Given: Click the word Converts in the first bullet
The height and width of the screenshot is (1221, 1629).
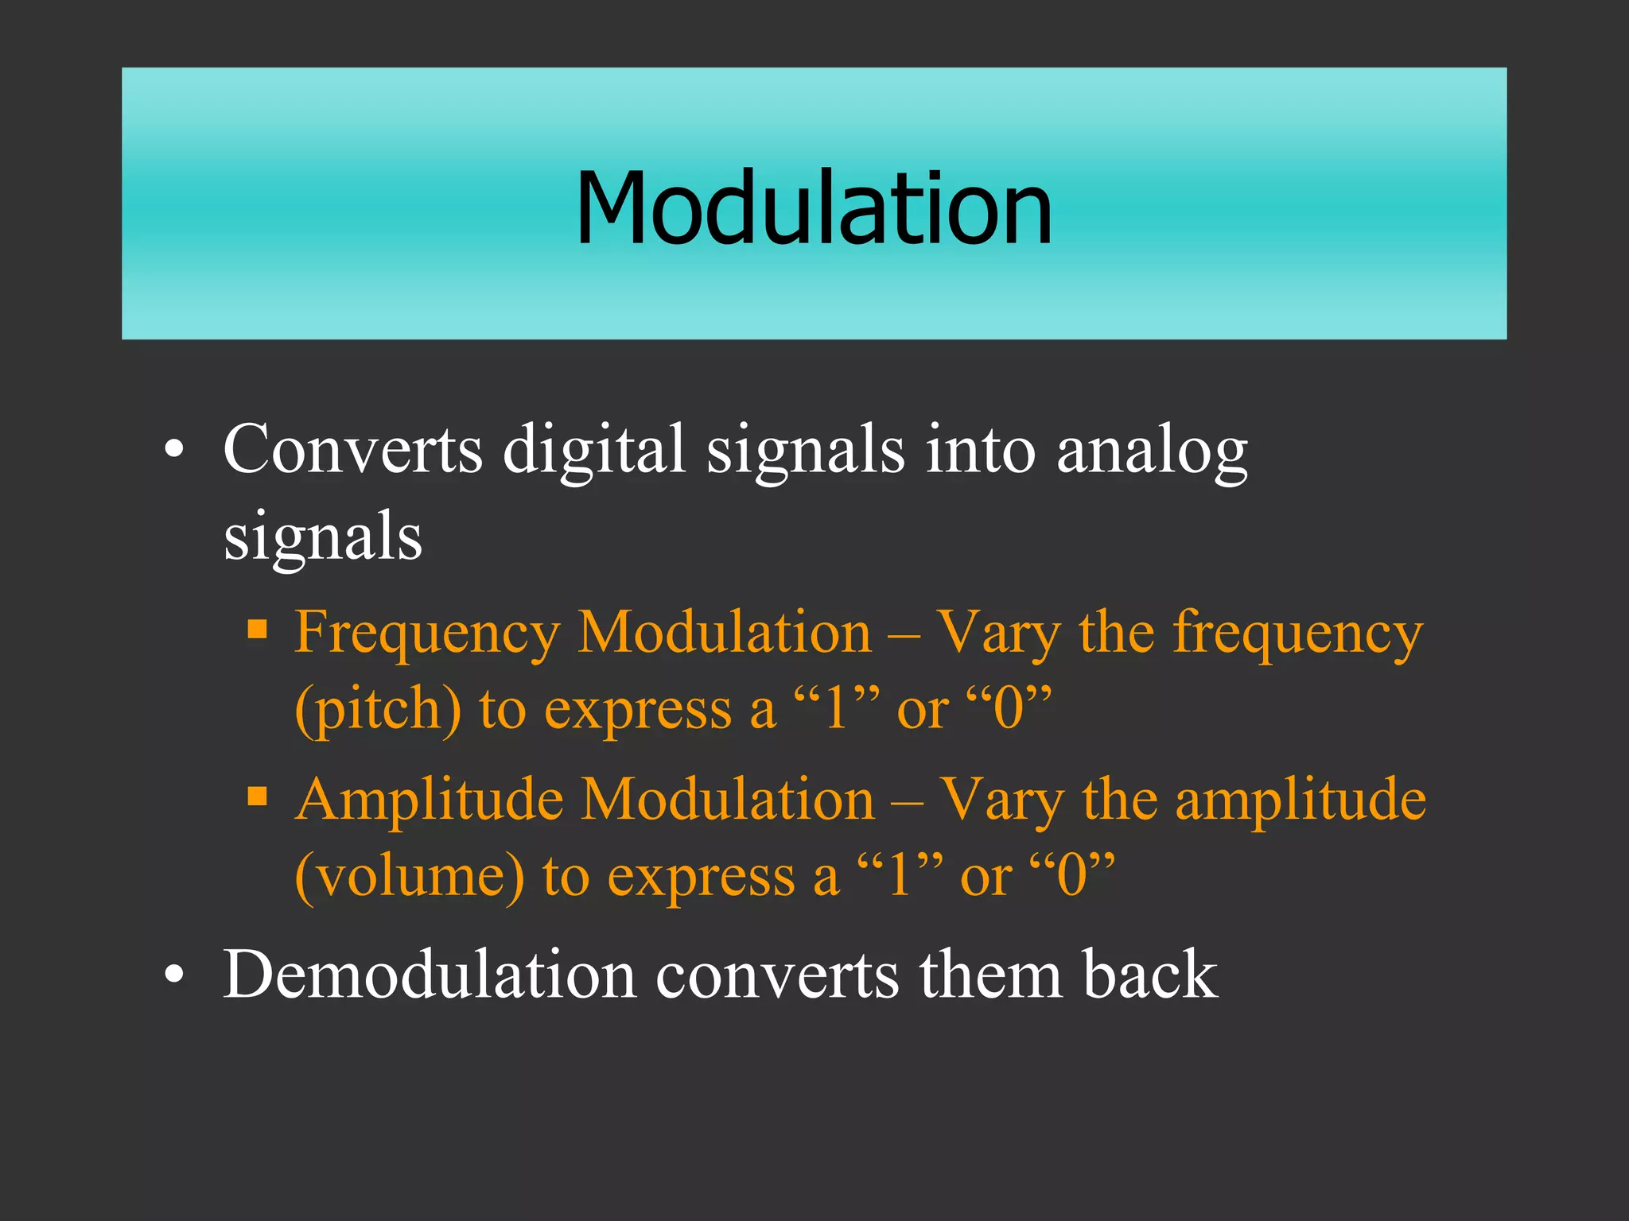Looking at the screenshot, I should pos(352,450).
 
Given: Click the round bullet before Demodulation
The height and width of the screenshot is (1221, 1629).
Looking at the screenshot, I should pos(174,977).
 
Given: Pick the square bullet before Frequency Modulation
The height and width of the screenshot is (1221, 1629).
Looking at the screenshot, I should pos(257,630).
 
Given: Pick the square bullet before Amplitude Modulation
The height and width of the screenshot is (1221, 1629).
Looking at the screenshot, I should pos(257,797).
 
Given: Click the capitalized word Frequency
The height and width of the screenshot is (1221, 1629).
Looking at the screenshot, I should pos(427,634).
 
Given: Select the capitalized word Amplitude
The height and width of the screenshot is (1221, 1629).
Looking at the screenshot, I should pos(430,800).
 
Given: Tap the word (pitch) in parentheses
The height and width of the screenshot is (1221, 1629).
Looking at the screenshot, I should pos(378,709).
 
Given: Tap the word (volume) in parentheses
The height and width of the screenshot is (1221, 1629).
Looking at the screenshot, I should pos(410,875).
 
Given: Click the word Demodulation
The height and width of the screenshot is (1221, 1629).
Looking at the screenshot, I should pos(429,975).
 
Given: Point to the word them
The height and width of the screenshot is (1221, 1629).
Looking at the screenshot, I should pos(990,975).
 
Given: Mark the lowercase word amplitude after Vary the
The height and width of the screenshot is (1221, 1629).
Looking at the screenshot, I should pos(1300,800).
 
